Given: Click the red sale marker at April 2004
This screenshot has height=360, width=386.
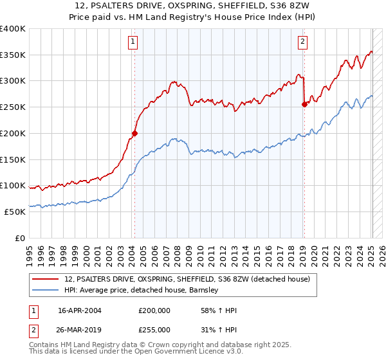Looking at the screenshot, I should coord(134,134).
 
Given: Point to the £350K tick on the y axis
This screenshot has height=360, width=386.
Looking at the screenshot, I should coord(13,55).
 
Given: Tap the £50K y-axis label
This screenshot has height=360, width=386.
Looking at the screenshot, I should coord(15,212).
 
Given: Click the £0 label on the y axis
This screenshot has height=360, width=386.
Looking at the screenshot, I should coord(21,238).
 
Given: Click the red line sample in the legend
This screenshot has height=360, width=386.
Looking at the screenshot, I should coord(46,279).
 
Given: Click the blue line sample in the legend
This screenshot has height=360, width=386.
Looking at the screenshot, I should coord(46,291).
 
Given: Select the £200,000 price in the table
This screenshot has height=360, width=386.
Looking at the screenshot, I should coord(154,310).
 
